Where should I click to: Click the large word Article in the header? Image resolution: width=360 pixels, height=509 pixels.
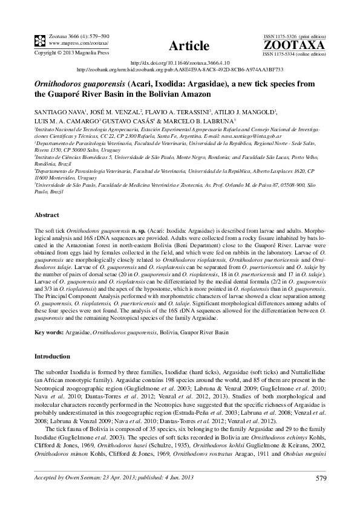pos(189,45)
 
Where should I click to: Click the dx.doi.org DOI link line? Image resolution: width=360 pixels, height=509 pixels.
pos(180,62)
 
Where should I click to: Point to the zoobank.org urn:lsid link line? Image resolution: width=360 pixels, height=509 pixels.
pos(180,69)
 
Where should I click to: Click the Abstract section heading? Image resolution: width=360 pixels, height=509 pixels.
pos(47,215)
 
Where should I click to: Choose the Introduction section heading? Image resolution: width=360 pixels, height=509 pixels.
pos(54,357)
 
